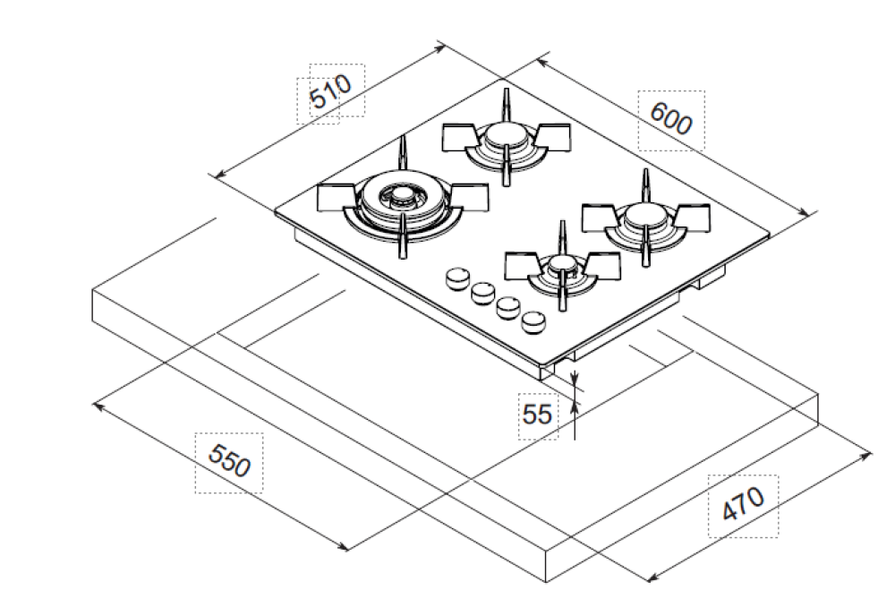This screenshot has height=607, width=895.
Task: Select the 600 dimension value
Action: (x=671, y=118)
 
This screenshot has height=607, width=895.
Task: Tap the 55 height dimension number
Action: (x=537, y=415)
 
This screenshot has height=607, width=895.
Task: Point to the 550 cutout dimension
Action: (x=229, y=463)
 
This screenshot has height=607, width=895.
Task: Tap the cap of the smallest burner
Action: (x=561, y=263)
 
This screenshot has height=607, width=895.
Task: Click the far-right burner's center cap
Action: (x=643, y=215)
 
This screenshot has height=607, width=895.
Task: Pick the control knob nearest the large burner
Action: (x=457, y=278)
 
